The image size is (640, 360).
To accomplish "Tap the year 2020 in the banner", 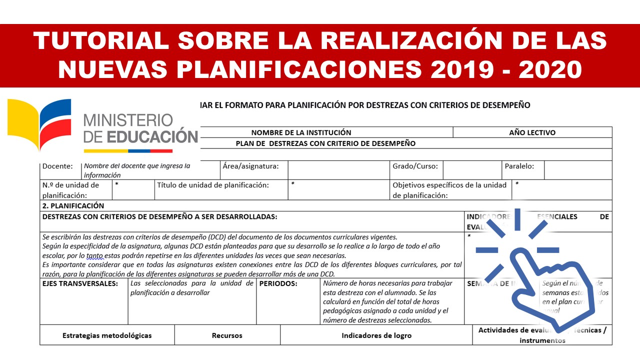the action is (x=550, y=69).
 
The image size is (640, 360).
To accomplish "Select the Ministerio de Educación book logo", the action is (x=39, y=123).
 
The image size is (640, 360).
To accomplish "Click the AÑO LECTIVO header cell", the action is (x=532, y=132).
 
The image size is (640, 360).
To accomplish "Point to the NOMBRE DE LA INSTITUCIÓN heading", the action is (x=301, y=132).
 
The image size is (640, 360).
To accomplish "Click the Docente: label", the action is (x=57, y=166).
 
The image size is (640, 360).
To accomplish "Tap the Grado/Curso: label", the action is (x=415, y=166).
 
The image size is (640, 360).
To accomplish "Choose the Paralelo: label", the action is (x=519, y=166).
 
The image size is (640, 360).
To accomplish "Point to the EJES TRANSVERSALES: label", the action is (x=80, y=283).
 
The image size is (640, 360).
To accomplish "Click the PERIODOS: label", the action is (x=278, y=283).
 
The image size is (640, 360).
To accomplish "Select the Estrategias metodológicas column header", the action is (x=107, y=335).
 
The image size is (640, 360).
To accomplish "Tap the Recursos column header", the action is (x=227, y=335).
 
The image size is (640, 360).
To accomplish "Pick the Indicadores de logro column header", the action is (x=376, y=335).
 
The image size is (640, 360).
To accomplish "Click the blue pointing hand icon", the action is (x=545, y=280).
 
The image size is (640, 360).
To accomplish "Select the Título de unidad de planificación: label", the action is (x=213, y=185).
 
